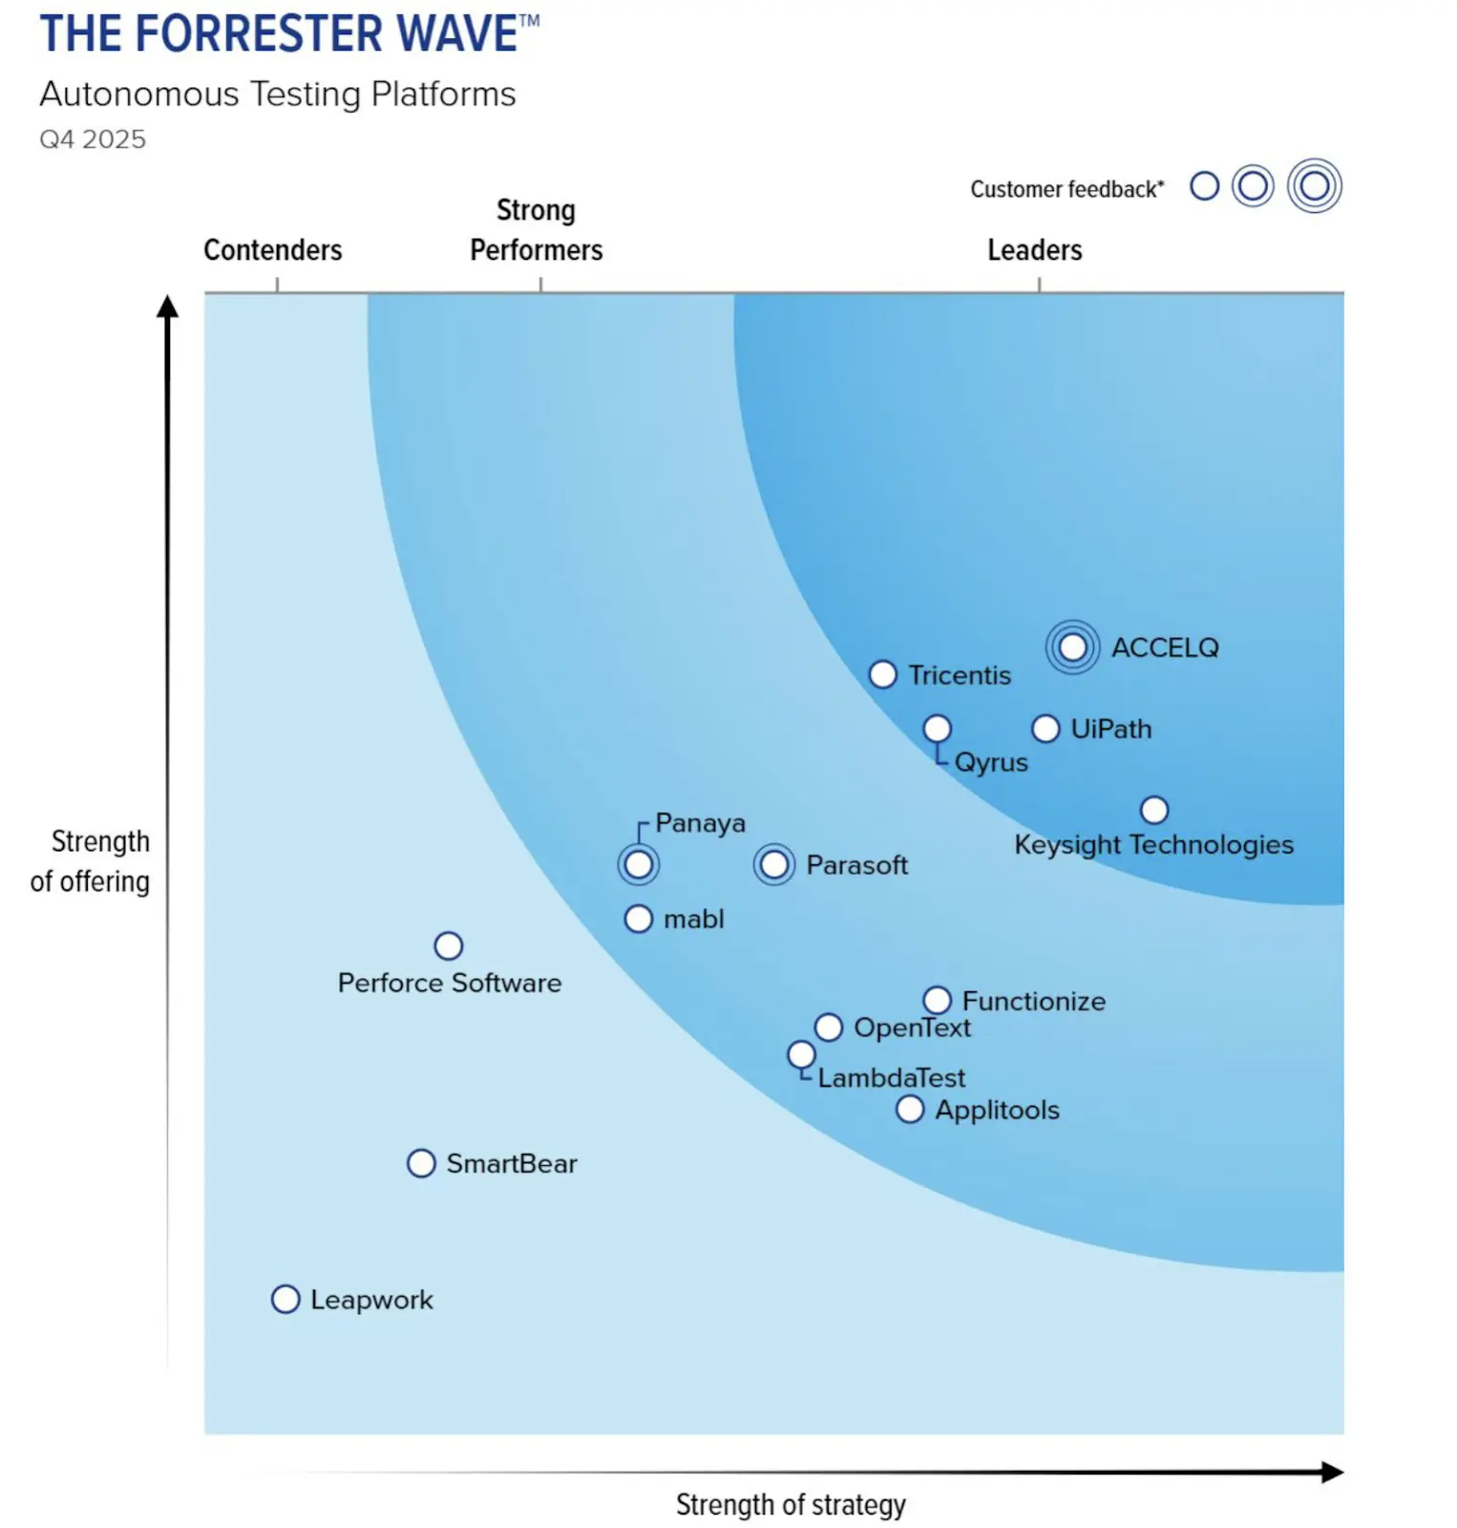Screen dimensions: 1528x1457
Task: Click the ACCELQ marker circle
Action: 1072,647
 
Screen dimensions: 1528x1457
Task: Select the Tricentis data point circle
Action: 883,674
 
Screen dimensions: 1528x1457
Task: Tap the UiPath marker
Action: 1045,729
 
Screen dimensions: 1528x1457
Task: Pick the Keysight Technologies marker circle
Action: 1154,810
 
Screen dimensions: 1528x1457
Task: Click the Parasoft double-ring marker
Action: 774,864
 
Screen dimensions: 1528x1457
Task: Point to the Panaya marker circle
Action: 639,864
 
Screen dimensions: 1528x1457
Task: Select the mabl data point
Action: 639,919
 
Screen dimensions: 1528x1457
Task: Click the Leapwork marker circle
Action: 285,1299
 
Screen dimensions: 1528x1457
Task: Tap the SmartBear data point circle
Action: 421,1163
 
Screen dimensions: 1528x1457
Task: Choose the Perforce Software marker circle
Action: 449,945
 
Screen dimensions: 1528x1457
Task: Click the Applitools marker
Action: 910,1109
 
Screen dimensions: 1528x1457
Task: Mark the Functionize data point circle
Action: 938,1000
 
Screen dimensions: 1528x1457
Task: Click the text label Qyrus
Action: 991,762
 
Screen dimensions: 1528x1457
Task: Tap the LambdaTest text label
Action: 891,1078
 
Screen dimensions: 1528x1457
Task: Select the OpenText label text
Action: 912,1028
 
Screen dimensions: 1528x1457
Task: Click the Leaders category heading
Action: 1034,250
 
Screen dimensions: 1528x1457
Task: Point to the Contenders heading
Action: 272,250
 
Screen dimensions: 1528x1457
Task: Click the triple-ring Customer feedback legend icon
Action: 1314,185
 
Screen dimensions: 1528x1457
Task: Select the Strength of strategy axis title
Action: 790,1504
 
